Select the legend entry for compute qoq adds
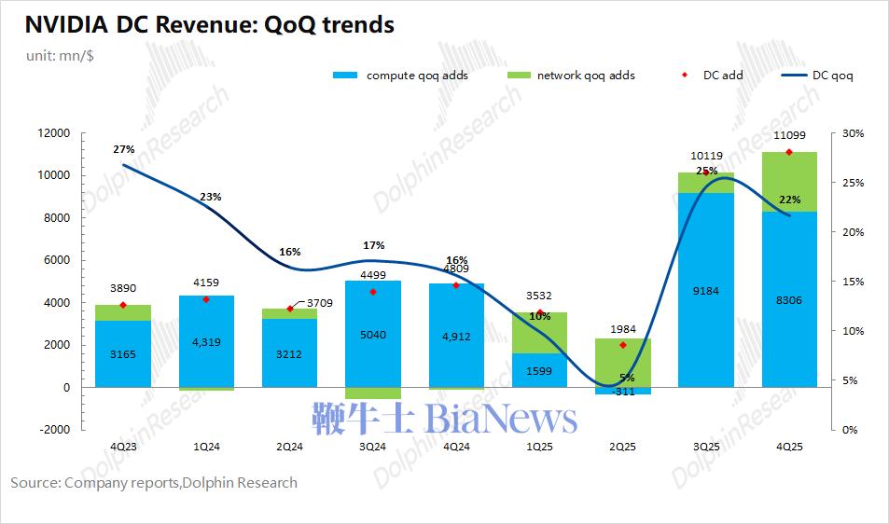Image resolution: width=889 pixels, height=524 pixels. (400, 75)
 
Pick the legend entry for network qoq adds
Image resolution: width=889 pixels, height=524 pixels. (570, 75)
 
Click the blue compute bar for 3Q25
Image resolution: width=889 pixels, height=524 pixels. (705, 289)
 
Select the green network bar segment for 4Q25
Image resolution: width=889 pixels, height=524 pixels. (789, 182)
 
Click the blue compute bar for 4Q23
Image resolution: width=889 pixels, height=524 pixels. (122, 353)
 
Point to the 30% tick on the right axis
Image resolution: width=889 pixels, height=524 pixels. (853, 133)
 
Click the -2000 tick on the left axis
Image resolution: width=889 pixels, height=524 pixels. (52, 430)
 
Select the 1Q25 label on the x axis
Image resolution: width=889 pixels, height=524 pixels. (538, 448)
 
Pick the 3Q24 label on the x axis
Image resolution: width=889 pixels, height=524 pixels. (372, 448)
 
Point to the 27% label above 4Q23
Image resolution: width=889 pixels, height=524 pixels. (124, 149)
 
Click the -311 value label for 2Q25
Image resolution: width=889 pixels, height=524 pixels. (622, 392)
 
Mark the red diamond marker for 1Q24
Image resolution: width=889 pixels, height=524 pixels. (205, 299)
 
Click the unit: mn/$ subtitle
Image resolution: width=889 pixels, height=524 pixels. (60, 55)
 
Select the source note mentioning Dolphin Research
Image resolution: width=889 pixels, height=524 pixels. (154, 482)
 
